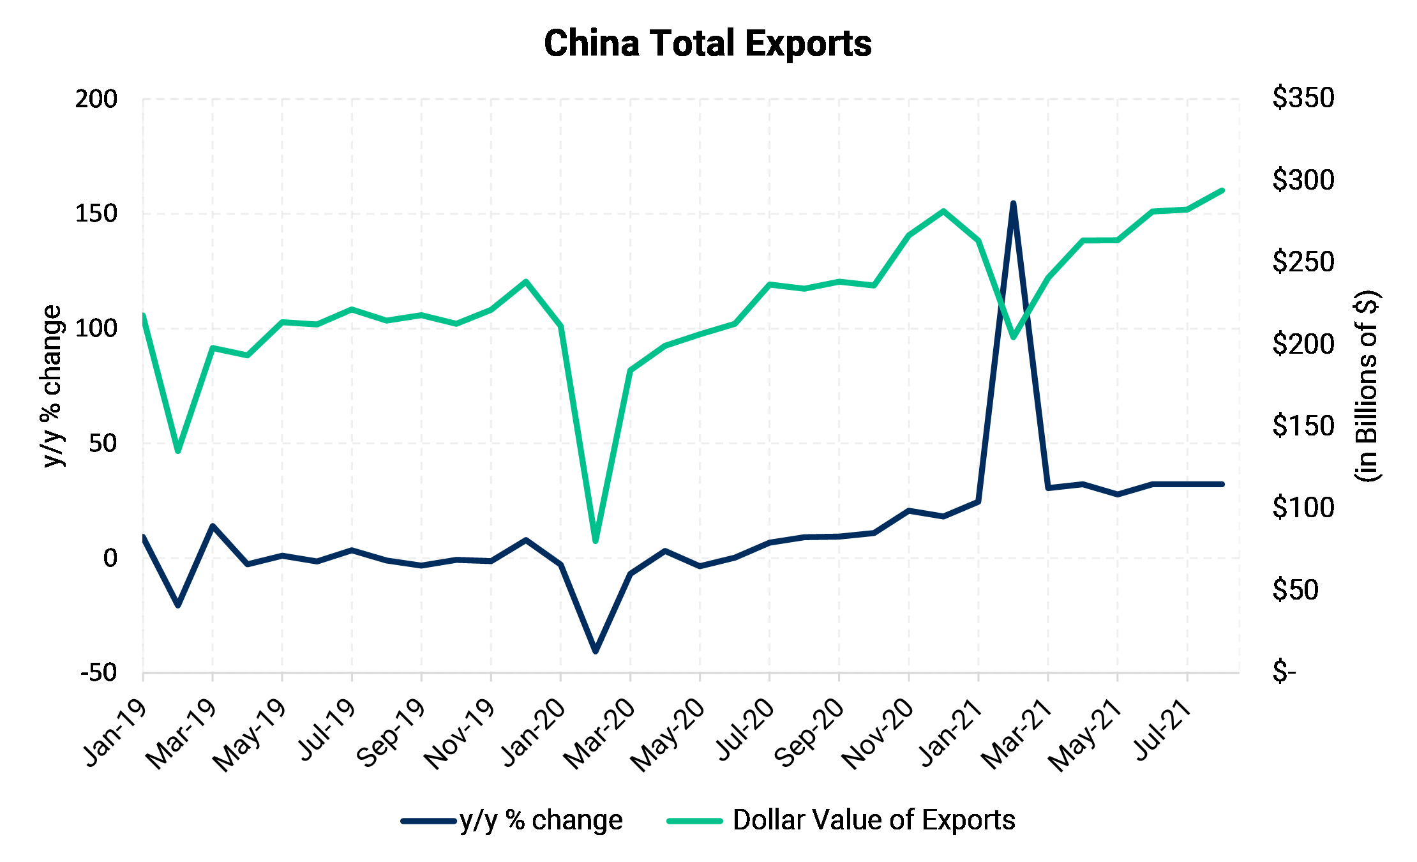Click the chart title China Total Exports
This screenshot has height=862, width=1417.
(x=707, y=43)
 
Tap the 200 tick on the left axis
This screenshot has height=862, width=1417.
(x=96, y=99)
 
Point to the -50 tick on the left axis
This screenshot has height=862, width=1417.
(x=99, y=672)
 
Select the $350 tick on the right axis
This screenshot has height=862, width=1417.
(x=1303, y=98)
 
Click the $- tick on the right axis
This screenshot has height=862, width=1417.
(x=1284, y=672)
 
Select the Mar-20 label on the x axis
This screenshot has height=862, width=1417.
(x=600, y=734)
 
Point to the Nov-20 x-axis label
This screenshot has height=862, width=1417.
(x=878, y=734)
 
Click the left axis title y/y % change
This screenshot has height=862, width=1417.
(x=52, y=386)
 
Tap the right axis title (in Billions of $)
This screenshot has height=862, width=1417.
(x=1367, y=386)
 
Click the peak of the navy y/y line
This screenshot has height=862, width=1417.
(x=1013, y=204)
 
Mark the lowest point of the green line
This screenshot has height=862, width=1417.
(x=596, y=541)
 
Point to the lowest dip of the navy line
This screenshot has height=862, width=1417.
(x=596, y=651)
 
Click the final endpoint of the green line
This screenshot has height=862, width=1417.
(x=1222, y=190)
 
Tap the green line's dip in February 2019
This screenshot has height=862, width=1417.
(x=178, y=451)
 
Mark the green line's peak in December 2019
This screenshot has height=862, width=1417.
(x=525, y=282)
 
